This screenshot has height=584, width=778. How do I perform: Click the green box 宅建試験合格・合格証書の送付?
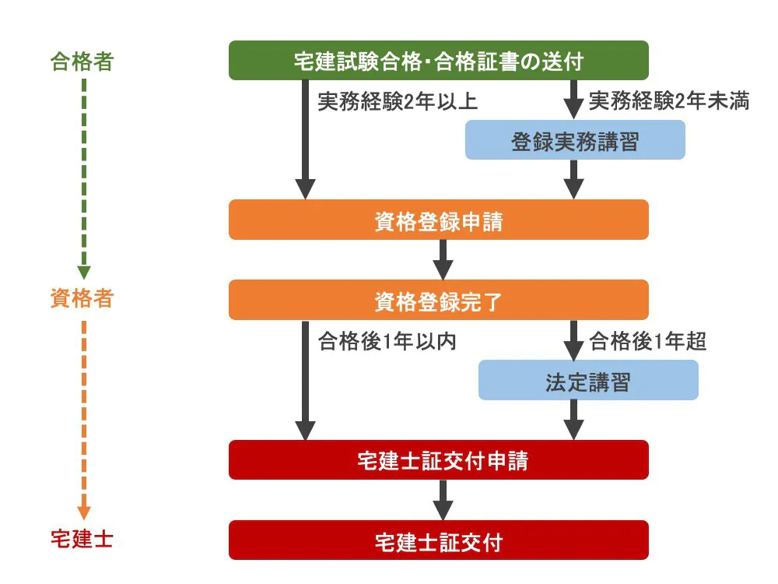point(438,61)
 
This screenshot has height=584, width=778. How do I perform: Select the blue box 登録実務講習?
point(575,140)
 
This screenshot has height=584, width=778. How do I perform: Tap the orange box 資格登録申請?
point(438,220)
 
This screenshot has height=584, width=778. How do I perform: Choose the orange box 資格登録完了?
point(438,300)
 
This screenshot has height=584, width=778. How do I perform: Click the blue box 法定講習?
point(588,381)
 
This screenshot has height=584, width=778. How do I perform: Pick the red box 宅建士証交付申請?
point(438,460)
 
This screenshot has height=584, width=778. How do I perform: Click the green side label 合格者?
point(82,62)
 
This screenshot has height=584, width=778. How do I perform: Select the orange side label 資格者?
point(82,299)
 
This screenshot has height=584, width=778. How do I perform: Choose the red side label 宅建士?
point(82,540)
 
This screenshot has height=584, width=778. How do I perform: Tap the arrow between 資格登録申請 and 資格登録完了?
point(443,259)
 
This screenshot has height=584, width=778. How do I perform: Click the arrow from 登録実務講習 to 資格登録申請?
point(573,179)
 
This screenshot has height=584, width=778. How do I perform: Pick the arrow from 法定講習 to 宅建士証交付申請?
point(573,420)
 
